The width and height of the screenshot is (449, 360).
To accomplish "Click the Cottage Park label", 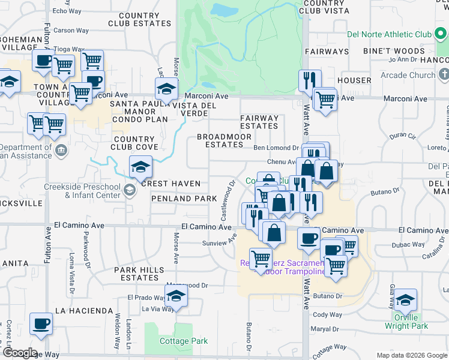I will coord(184,341).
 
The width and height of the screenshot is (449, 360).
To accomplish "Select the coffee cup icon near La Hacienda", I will coord(41,324).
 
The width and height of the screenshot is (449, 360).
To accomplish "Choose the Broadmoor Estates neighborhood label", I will coord(220,140).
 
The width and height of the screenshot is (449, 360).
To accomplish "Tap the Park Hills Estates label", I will coord(139,274).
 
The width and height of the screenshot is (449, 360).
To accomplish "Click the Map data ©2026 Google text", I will coord(411,355).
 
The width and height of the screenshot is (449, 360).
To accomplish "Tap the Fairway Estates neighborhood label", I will coord(259,122).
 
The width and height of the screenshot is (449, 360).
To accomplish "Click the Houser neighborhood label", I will coord(354,80).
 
